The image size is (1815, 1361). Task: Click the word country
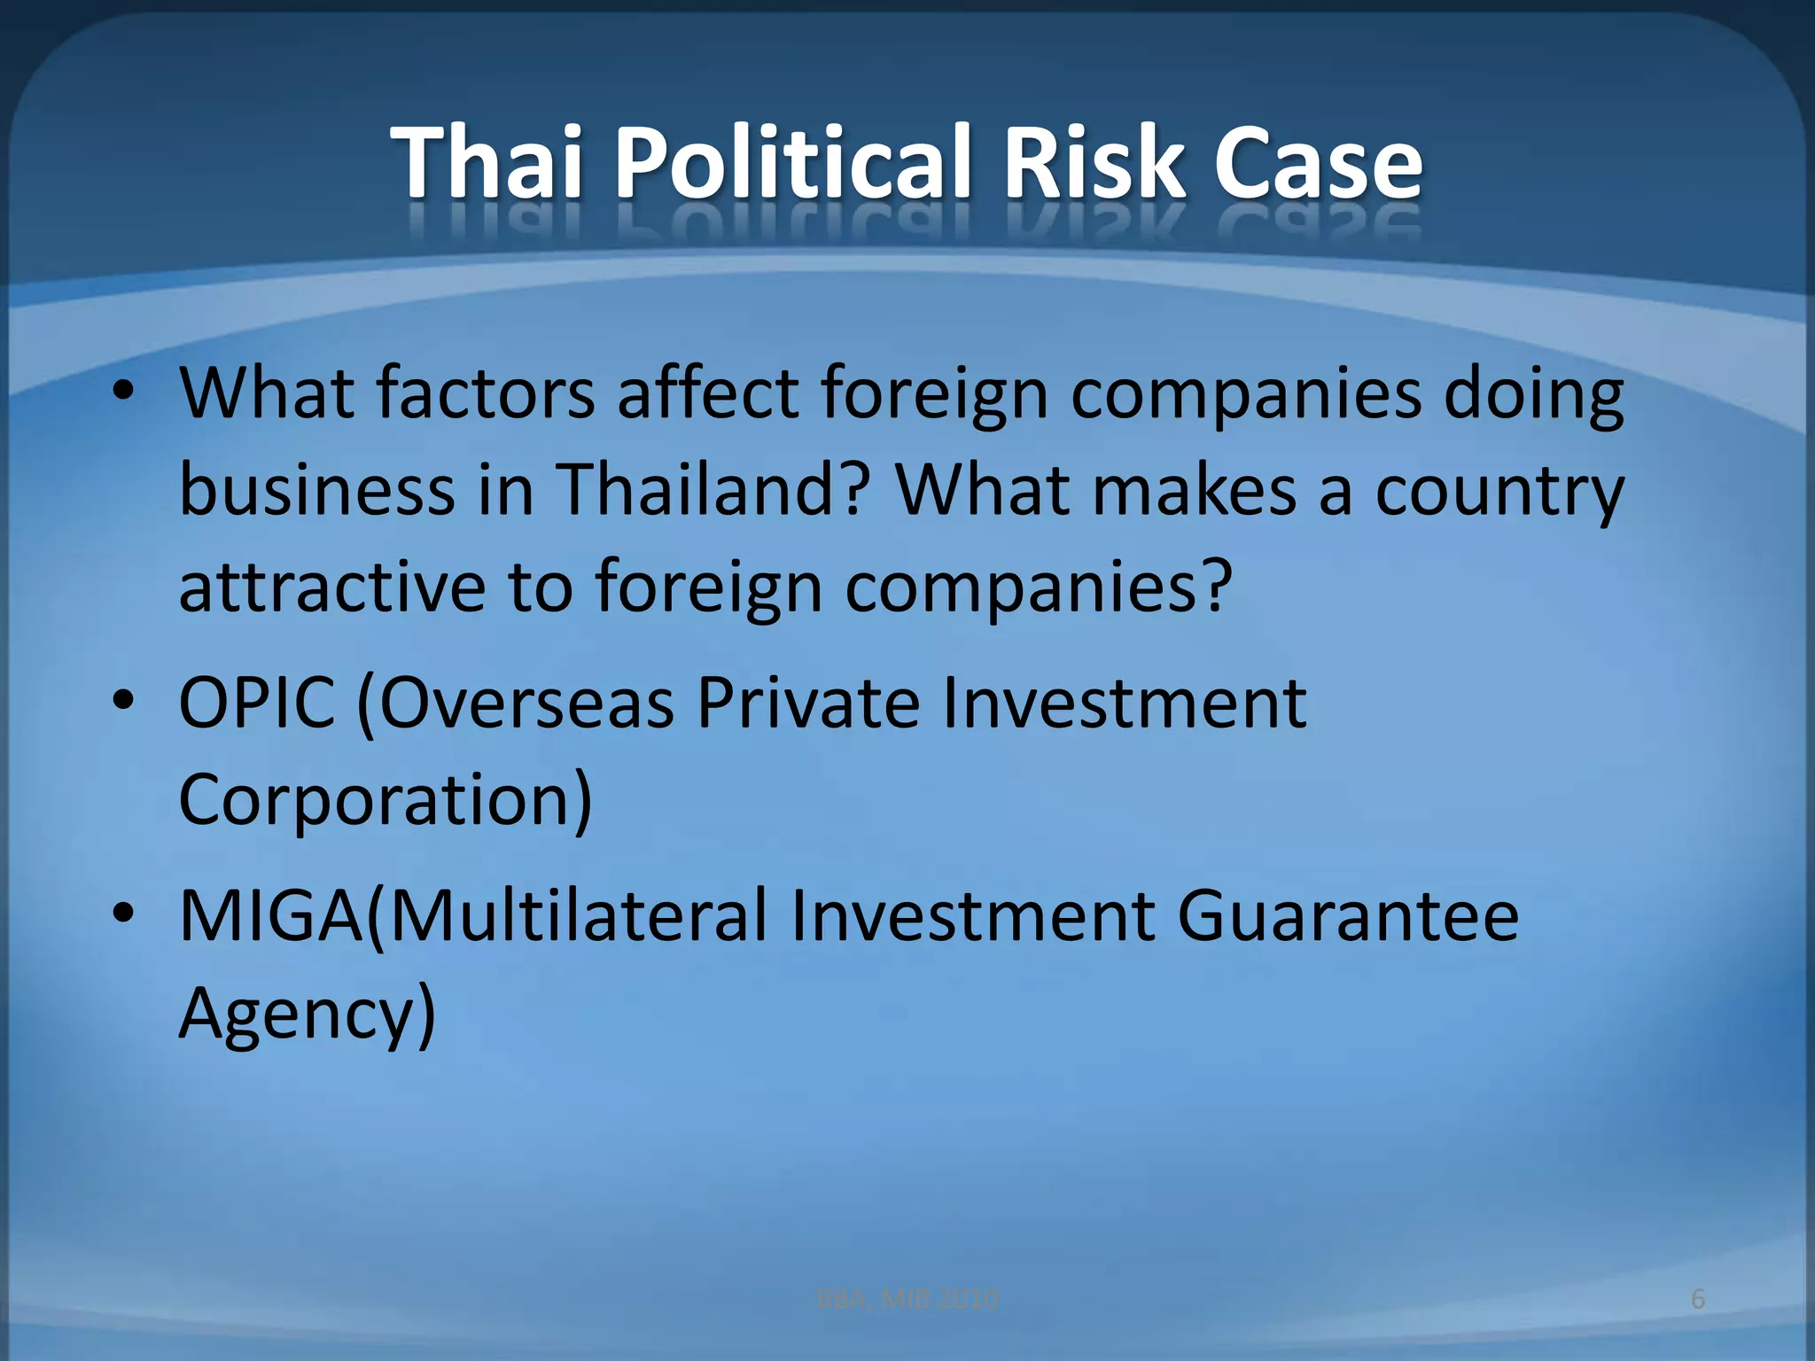[1500, 493]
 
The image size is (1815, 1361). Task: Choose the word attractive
[332, 587]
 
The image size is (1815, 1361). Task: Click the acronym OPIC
[257, 703]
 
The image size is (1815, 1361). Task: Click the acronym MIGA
[271, 916]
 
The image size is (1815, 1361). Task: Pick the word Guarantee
[1347, 916]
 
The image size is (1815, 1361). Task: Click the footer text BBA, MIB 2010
[907, 1299]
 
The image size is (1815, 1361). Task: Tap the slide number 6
[1698, 1299]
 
